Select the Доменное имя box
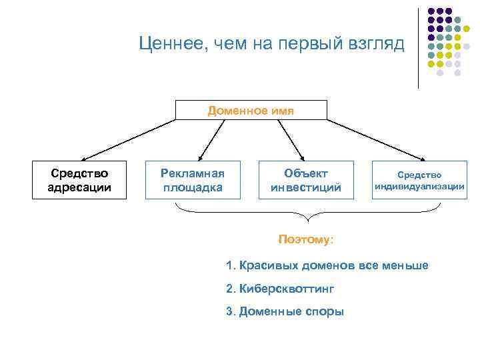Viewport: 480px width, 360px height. (x=251, y=110)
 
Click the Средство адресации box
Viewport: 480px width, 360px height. (x=79, y=180)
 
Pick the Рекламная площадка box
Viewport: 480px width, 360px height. (x=193, y=180)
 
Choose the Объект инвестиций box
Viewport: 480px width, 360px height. (x=305, y=180)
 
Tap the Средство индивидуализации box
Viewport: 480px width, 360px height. (x=419, y=180)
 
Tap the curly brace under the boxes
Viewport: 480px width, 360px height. (x=307, y=215)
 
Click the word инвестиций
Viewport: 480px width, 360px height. (x=305, y=188)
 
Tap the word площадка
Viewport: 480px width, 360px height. (x=193, y=188)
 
